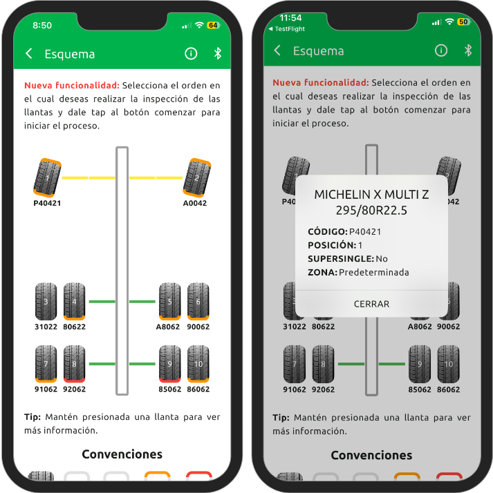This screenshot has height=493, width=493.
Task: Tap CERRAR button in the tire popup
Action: point(371,304)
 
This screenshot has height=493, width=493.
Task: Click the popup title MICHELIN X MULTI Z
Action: point(371,195)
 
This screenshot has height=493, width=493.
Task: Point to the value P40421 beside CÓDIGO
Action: point(365,231)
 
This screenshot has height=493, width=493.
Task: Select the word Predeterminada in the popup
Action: point(373,272)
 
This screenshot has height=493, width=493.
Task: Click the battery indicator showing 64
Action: point(212,25)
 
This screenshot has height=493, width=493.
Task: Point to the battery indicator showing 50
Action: point(463,22)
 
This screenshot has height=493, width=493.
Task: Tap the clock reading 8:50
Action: point(42,25)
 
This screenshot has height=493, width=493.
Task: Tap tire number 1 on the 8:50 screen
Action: point(48,177)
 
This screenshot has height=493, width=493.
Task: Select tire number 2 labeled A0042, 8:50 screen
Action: point(196,177)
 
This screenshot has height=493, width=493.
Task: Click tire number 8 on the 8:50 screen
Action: point(74,363)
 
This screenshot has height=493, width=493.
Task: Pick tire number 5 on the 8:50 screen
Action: point(169,301)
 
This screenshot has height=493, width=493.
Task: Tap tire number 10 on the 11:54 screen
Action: point(448,363)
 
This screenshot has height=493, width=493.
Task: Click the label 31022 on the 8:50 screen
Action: point(45,327)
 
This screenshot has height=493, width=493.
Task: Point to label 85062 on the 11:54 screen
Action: point(419,389)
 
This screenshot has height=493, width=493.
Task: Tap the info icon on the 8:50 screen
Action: point(191,54)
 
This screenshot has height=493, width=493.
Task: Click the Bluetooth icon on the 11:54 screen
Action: point(467,50)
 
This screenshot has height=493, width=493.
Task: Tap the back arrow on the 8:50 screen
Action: point(29,54)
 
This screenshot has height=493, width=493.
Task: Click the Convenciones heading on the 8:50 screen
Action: point(122,454)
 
